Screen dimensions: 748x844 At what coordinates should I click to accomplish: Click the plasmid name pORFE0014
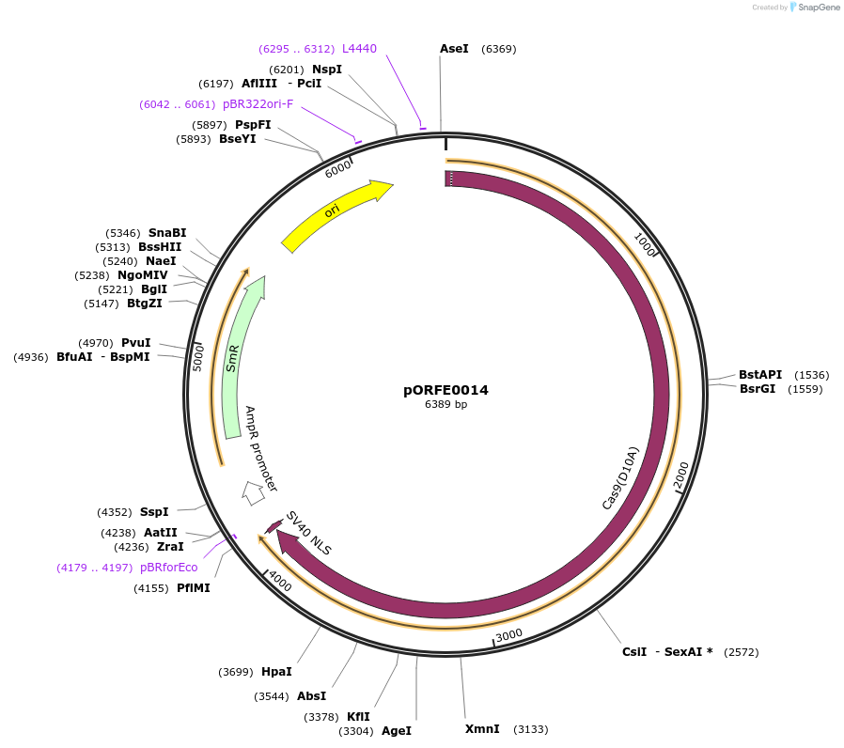click(445, 390)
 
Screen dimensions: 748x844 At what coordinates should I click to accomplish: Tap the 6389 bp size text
click(445, 405)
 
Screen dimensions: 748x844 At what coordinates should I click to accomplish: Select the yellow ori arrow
click(336, 215)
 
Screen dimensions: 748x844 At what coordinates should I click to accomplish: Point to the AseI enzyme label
click(454, 49)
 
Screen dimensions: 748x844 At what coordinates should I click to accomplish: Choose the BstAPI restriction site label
click(759, 375)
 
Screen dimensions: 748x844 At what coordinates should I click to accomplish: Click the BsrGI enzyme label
click(758, 389)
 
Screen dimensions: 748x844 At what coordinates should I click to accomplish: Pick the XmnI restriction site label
click(482, 729)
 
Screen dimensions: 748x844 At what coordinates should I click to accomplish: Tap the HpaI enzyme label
click(275, 672)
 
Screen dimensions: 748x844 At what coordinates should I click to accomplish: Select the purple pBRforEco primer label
click(169, 568)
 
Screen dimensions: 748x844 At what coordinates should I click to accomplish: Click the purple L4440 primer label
click(359, 49)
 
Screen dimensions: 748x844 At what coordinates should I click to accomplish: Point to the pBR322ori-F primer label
click(258, 104)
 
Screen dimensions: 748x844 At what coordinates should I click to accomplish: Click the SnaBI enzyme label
click(167, 233)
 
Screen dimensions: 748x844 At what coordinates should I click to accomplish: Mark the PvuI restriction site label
click(136, 343)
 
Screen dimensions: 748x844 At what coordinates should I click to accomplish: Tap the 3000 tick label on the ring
click(508, 635)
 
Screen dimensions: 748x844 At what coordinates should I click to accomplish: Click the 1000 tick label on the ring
click(645, 245)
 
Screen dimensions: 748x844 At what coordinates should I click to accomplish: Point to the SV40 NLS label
click(309, 534)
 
